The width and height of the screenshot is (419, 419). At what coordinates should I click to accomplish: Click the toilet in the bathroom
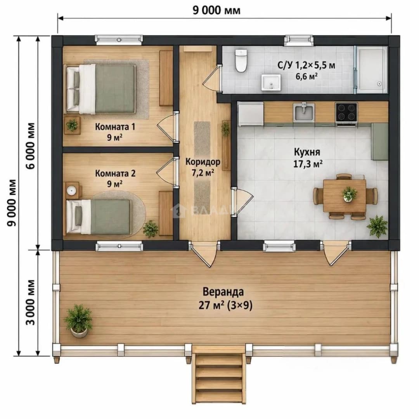tap(241, 61)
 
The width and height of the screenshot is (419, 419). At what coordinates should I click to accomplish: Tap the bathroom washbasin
tap(271, 82)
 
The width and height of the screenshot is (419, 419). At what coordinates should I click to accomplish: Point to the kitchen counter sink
tap(304, 112)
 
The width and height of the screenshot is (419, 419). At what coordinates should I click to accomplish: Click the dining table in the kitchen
tap(345, 196)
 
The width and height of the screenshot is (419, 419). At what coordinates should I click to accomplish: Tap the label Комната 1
tap(115, 126)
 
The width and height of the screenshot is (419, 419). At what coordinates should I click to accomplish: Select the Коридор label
tap(203, 162)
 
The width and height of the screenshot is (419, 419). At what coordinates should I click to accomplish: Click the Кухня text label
tap(307, 152)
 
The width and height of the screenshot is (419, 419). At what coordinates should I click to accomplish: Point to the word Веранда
tap(223, 292)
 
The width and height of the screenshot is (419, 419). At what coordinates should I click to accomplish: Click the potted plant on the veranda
tap(78, 321)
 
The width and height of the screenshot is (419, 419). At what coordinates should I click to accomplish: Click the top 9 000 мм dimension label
tap(216, 10)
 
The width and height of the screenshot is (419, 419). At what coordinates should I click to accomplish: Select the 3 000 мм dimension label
tap(31, 302)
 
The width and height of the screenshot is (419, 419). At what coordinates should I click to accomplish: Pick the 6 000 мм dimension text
tap(31, 145)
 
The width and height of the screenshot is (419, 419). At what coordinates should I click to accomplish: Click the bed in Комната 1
tap(101, 89)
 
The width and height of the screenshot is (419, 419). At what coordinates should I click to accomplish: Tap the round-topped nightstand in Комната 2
tap(72, 190)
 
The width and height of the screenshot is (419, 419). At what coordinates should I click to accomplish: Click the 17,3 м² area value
tap(308, 164)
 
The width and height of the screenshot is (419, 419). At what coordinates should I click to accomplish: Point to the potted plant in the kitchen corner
tap(377, 226)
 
